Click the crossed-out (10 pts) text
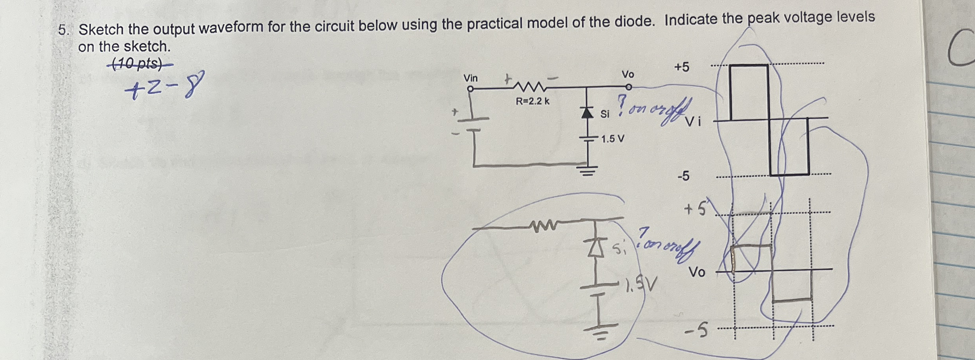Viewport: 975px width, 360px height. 138,64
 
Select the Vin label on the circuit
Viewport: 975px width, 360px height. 471,78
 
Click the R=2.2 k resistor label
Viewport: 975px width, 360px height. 533,101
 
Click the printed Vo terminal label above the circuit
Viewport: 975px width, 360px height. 628,74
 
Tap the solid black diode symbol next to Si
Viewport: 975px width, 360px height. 587,113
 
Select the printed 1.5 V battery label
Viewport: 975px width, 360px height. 613,139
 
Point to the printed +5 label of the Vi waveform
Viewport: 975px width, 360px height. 682,67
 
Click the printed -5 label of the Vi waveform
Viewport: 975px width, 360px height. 683,176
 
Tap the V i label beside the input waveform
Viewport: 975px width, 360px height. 694,122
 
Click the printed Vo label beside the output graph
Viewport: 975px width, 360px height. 697,272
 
